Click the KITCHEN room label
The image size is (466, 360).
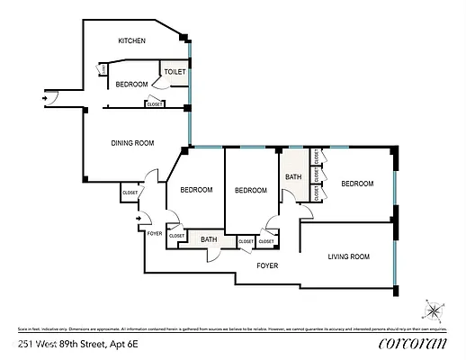[x=132, y=40]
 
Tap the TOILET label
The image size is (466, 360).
[x=175, y=70]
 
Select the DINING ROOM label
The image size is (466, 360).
[x=132, y=143]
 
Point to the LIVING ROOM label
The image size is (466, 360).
[x=348, y=256]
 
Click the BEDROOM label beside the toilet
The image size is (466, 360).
[x=131, y=84]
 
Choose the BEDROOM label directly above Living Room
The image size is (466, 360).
[x=356, y=184]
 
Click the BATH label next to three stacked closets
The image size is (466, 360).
[x=293, y=177]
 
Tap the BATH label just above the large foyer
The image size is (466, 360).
[x=209, y=239]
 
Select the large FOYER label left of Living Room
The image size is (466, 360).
[x=267, y=265]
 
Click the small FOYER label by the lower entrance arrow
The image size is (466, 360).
[x=156, y=232]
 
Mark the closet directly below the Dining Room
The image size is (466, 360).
[x=130, y=191]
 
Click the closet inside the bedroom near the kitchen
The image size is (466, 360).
[x=155, y=104]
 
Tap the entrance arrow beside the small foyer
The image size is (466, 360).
[x=138, y=218]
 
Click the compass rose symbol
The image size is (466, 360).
[x=434, y=311]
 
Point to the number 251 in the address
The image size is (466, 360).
[x=27, y=345]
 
